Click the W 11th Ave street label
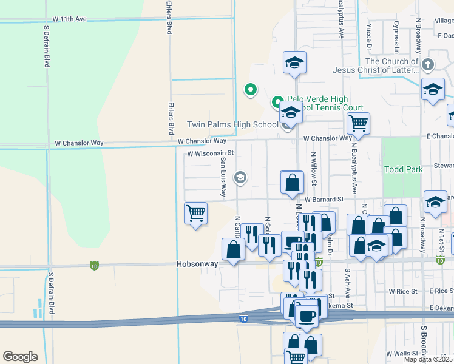[70, 19]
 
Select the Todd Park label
[403, 169]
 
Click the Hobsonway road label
[197, 265]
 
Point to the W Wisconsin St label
[210, 153]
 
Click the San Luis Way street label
[223, 177]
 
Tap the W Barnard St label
[324, 199]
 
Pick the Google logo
[20, 356]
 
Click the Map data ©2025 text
[429, 359]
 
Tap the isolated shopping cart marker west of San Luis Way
[195, 214]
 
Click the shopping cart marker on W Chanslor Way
[358, 123]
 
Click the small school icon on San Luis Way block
[240, 177]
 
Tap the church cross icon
[428, 64]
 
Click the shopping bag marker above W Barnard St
[292, 182]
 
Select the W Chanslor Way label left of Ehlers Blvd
[79, 143]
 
